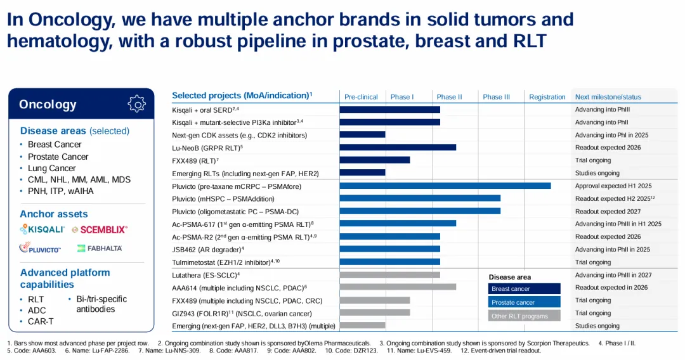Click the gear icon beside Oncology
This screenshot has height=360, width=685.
coord(136,104)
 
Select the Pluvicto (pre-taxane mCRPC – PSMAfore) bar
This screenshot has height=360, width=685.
coord(445,186)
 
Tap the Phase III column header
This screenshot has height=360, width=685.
coord(496,97)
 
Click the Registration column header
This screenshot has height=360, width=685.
coord(547,97)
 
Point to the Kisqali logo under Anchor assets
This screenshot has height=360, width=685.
coord(42,229)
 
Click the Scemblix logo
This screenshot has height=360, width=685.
coord(100,229)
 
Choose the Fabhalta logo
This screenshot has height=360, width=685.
coord(100,248)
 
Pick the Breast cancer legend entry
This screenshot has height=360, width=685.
coord(525,289)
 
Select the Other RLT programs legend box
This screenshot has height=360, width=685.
coord(525,316)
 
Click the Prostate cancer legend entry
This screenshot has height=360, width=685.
coord(525,302)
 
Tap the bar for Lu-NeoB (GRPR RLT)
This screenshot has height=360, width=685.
coord(398,147)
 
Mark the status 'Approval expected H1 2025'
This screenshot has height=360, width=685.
coord(613,186)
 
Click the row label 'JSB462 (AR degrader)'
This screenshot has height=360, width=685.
coord(208,249)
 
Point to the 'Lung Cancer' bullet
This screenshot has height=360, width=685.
coord(51,168)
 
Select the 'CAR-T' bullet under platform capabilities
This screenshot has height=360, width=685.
coord(41,321)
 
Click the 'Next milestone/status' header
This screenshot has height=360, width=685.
coord(608,97)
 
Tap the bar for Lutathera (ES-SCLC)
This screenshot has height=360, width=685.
coord(389,275)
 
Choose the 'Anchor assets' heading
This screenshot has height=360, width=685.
coord(54,214)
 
